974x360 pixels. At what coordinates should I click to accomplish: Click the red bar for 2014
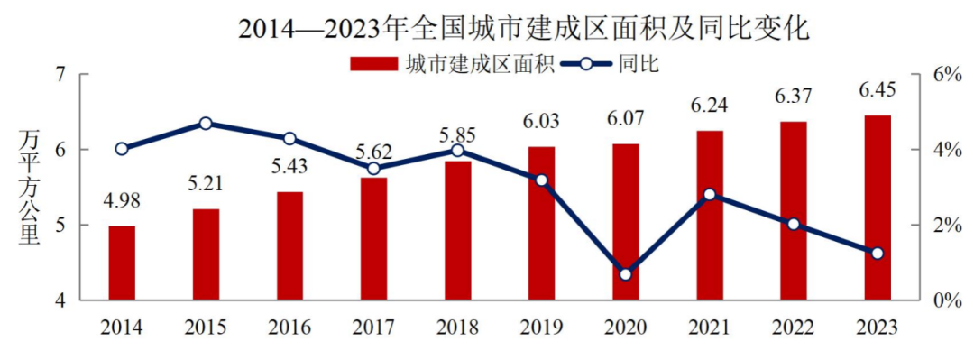122,263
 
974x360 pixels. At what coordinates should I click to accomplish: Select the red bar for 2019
541,223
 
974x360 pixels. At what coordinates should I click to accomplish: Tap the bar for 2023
878,208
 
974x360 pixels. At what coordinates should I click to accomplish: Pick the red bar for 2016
289,245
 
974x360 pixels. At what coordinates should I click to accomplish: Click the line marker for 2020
626,274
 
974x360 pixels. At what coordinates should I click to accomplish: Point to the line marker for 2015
206,124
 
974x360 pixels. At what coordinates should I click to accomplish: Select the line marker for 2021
710,194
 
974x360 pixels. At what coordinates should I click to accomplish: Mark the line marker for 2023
878,254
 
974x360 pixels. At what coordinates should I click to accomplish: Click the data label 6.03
541,122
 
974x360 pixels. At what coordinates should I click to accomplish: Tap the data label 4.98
122,200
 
